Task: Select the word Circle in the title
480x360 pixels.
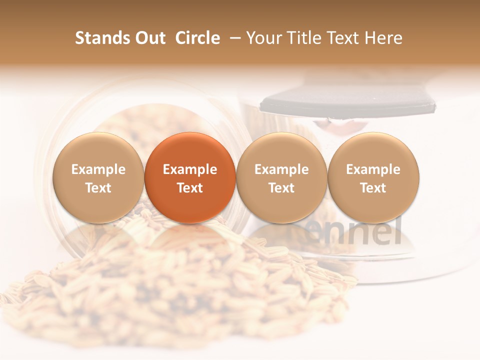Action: point(197,38)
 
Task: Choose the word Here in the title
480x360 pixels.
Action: point(383,38)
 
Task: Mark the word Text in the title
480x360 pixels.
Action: point(343,38)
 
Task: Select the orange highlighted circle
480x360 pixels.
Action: point(190,177)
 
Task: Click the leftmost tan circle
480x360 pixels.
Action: point(98,177)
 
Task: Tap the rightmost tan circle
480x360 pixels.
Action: point(373,177)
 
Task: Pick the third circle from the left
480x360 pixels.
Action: point(281,177)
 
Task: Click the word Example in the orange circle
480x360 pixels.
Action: point(190,169)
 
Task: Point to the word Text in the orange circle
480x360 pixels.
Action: point(190,188)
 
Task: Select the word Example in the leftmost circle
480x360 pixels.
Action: point(98,169)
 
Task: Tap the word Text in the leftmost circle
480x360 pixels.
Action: point(98,188)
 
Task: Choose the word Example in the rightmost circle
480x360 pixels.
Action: point(373,169)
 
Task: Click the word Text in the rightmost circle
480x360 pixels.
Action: point(373,188)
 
